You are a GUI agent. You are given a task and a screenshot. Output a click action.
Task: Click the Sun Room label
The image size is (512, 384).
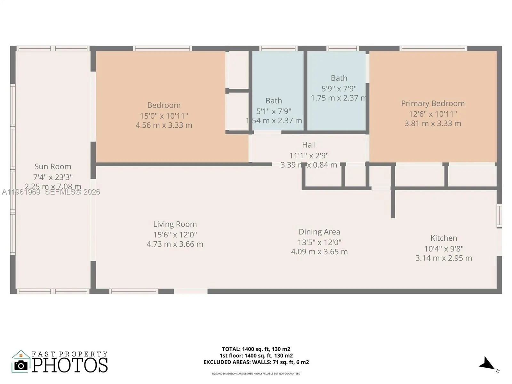(x=53, y=166)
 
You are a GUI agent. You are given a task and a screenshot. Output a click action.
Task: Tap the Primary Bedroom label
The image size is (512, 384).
(x=433, y=103)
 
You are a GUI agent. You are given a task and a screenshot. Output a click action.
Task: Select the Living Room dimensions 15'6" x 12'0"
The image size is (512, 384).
(x=175, y=235)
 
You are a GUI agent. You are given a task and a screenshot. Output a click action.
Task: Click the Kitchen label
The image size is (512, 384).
(x=444, y=238)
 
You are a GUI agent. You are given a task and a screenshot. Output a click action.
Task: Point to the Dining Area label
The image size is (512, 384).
(x=319, y=232)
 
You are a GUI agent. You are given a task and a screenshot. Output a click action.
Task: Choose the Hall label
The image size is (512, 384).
(x=309, y=145)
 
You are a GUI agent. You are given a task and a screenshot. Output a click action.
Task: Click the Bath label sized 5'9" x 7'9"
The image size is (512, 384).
(x=339, y=78)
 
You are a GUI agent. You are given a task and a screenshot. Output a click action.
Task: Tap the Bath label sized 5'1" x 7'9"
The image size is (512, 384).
(x=274, y=101)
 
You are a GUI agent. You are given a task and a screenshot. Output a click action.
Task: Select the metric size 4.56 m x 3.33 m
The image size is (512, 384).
(x=164, y=125)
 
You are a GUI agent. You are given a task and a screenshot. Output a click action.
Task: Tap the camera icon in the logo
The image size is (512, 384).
(x=21, y=365)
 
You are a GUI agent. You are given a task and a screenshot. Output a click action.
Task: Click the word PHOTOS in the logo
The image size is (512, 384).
(x=70, y=365)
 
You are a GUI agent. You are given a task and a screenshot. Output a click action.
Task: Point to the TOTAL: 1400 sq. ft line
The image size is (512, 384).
(x=256, y=349)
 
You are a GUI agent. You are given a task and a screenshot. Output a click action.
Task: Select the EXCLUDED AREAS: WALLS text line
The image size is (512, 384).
(x=256, y=362)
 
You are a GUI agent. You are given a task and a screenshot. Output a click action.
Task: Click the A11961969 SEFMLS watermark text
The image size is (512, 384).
(x=51, y=192)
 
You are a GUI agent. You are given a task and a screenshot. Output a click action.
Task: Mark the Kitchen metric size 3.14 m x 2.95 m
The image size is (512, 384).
(x=444, y=258)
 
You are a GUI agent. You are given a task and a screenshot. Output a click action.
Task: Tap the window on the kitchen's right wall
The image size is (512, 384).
(x=499, y=216)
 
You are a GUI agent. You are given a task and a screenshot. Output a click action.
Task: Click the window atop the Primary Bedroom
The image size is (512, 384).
(x=433, y=49)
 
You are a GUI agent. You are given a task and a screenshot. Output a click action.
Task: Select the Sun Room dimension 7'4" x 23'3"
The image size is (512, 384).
(x=53, y=177)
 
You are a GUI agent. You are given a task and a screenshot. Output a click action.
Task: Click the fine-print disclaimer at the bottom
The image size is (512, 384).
(x=256, y=373)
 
